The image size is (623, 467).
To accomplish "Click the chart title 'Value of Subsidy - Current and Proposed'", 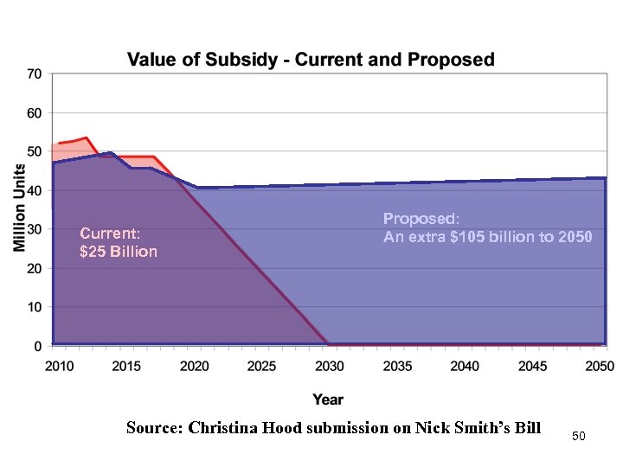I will [311, 60].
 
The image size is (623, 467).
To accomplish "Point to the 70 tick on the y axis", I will [34, 74].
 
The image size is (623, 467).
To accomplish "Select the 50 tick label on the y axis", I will [34, 152].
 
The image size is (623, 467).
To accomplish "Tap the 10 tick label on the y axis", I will [34, 307].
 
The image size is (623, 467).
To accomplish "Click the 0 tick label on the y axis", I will [37, 346].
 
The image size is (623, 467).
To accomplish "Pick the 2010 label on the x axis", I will [60, 367].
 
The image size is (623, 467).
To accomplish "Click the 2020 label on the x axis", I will [195, 367].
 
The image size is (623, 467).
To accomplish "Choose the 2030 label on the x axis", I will [330, 367].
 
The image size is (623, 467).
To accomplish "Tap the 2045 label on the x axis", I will [533, 367].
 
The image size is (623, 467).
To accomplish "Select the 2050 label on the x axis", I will [599, 367].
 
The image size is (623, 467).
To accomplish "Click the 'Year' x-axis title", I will [328, 399].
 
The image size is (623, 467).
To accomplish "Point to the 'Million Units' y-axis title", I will [19, 208].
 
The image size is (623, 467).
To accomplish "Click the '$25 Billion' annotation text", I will [119, 252].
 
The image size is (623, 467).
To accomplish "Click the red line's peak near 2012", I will [87, 138].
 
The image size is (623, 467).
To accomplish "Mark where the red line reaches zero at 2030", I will [327, 343].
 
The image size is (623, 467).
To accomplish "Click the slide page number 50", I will [579, 437].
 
